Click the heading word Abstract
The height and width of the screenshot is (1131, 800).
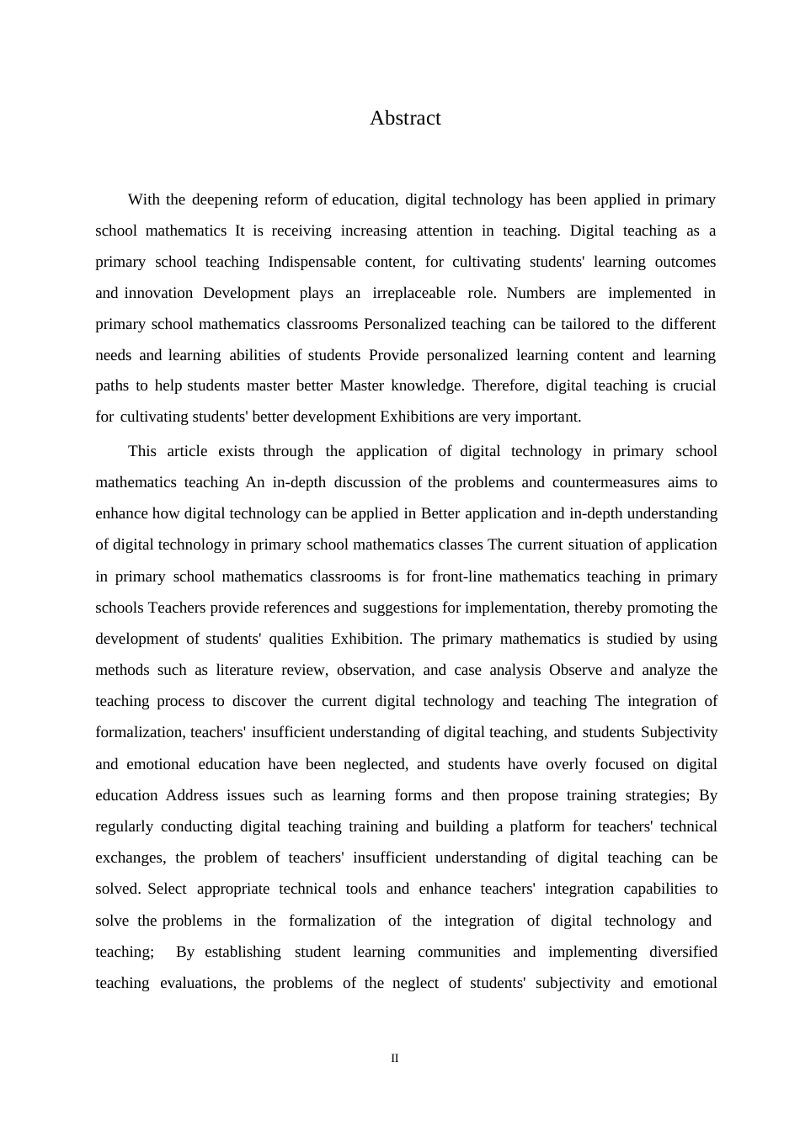point(405,119)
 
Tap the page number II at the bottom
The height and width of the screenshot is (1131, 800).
point(394,1059)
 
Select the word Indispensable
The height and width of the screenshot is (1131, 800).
point(312,262)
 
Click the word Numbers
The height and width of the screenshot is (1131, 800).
point(536,293)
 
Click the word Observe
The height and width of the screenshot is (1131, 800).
point(575,670)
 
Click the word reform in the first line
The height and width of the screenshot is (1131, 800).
point(286,199)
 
